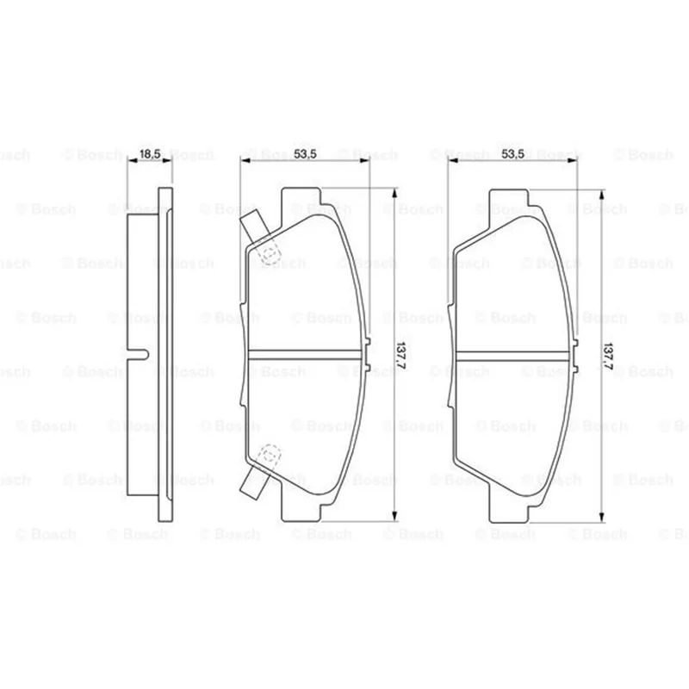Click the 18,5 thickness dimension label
pos(149,154)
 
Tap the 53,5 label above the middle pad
pos(305,154)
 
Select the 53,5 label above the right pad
pos(512,154)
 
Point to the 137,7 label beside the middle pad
pos(400,356)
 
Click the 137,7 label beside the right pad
pos(608,357)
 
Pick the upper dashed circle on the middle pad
pos(270,253)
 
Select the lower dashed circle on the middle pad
pos(270,455)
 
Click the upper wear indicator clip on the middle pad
pos(254,227)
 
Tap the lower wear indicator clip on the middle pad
pos(254,481)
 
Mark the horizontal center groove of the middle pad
pos(307,355)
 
